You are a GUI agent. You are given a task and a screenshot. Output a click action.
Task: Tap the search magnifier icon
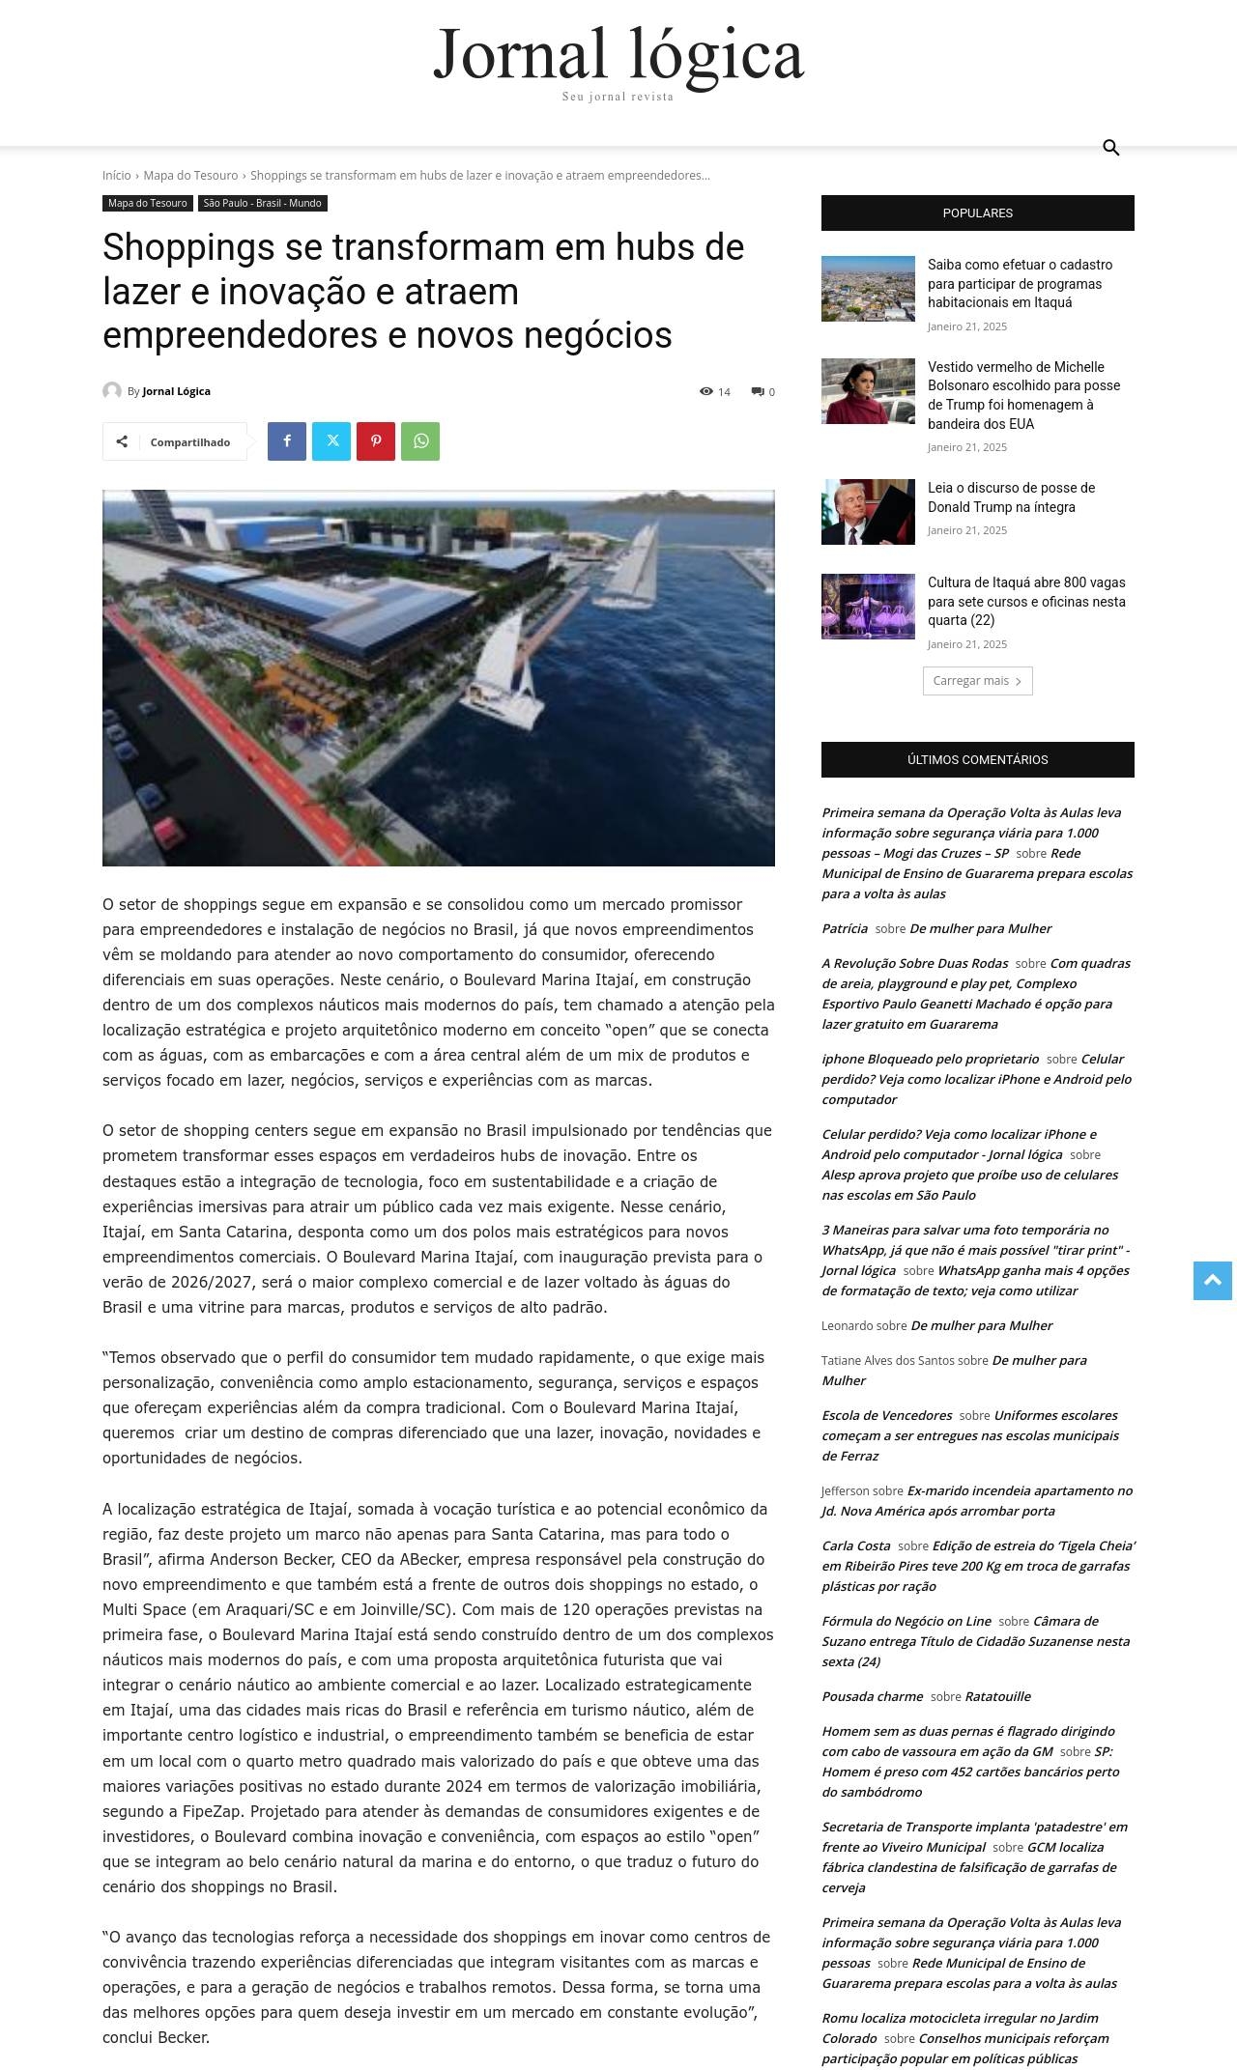tap(1110, 148)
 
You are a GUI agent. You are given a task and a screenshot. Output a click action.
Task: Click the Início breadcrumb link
tap(116, 176)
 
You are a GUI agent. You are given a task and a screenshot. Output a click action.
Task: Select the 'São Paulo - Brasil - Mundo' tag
tap(263, 204)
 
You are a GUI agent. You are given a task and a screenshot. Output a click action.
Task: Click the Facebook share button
tap(287, 441)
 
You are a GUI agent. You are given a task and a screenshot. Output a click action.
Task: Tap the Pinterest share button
tap(376, 441)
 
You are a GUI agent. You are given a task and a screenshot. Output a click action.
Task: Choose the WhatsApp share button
tap(420, 441)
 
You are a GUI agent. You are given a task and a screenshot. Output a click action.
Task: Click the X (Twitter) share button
tap(331, 441)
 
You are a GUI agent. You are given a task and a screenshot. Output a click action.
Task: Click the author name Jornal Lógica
tap(176, 391)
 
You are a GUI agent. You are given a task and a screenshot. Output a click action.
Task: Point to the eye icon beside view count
tap(706, 391)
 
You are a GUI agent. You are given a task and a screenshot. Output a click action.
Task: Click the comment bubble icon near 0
tap(759, 391)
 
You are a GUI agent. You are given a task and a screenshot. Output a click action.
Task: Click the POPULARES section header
tap(977, 213)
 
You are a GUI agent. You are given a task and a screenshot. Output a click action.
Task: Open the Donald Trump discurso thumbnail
tap(868, 512)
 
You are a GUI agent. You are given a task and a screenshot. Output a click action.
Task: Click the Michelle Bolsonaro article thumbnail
tap(868, 391)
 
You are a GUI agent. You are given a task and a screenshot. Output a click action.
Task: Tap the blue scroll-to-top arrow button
tap(1212, 1281)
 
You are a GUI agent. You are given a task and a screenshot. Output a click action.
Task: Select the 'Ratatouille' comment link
tap(997, 1696)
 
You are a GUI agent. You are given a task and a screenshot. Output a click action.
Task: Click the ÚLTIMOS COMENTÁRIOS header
tap(977, 760)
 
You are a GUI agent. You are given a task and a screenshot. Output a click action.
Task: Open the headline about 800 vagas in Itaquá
tap(1025, 602)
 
